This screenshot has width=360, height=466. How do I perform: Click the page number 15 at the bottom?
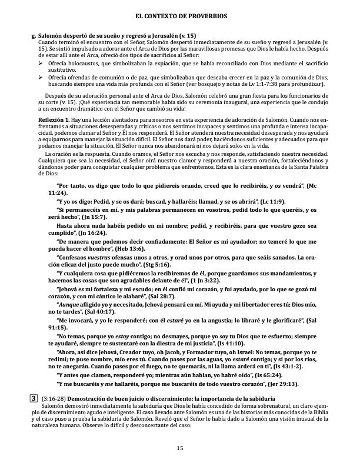click(x=179, y=449)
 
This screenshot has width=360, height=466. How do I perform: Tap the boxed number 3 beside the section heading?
click(x=34, y=398)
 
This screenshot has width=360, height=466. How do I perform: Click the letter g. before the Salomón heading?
click(x=34, y=36)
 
